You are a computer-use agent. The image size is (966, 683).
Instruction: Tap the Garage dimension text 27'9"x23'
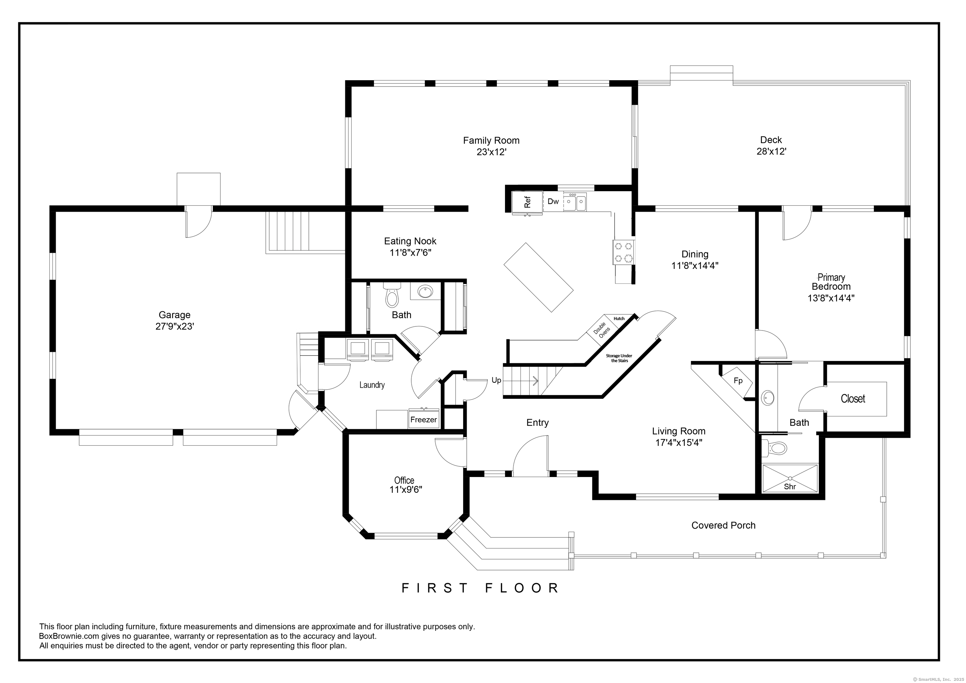pyautogui.click(x=175, y=326)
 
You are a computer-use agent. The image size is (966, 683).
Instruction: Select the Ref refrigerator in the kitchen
pyautogui.click(x=527, y=203)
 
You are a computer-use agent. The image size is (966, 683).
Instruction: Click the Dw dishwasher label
pyautogui.click(x=553, y=202)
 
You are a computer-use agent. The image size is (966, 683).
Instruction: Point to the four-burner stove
pyautogui.click(x=624, y=252)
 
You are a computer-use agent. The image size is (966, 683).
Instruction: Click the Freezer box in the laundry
pyautogui.click(x=424, y=419)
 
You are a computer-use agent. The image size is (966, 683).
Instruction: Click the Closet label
pyautogui.click(x=853, y=398)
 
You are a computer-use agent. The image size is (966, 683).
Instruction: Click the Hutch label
pyautogui.click(x=619, y=319)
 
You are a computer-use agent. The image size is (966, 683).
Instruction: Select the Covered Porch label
pyautogui.click(x=723, y=525)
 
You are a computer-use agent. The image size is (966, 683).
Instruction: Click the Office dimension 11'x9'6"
pyautogui.click(x=406, y=489)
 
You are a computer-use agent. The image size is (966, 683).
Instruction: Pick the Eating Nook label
pyautogui.click(x=410, y=241)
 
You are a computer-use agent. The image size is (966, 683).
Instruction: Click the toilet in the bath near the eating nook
pyautogui.click(x=392, y=295)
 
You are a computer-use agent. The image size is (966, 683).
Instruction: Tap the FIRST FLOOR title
pyautogui.click(x=480, y=588)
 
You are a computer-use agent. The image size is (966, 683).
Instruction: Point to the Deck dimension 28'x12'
pyautogui.click(x=772, y=152)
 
